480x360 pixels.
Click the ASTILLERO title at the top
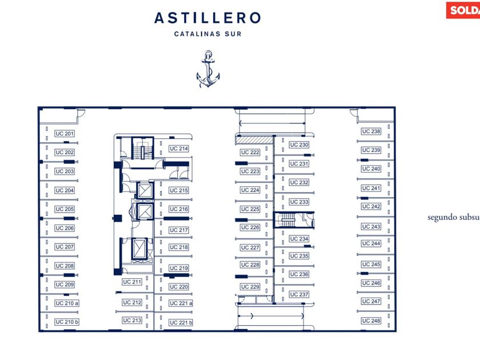point(207,18)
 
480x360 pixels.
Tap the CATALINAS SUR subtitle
point(207,34)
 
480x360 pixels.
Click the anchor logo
point(208,70)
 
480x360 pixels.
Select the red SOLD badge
point(463,10)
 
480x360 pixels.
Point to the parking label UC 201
point(65,134)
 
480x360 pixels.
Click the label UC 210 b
point(67,322)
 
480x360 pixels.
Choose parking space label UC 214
point(179,149)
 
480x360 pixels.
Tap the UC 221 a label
point(181,303)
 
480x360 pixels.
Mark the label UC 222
point(250,153)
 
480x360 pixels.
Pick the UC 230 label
point(299,145)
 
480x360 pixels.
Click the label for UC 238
point(371,131)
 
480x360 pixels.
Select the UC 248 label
point(371,321)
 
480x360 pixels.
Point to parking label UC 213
point(132,321)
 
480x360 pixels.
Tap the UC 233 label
point(299,202)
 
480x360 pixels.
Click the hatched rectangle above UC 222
point(254,139)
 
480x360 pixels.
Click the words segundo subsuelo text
point(454,217)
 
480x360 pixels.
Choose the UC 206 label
point(65,228)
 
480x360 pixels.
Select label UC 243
point(371,227)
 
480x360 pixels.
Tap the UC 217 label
point(179,230)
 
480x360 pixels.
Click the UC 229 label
point(250,287)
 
